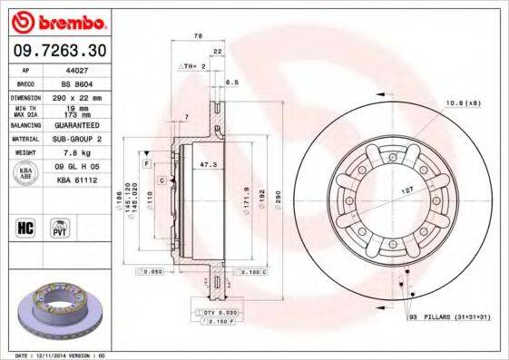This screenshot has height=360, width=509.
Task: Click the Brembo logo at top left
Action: point(57,21)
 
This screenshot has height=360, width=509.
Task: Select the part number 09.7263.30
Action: point(57,49)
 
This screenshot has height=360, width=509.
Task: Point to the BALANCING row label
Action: point(26,125)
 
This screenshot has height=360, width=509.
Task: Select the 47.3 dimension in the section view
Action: point(208,165)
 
